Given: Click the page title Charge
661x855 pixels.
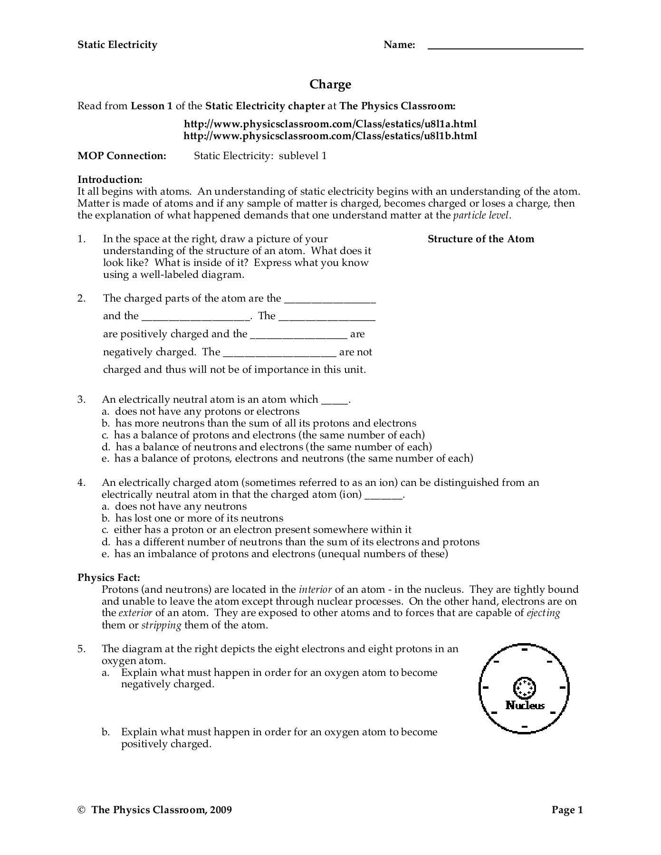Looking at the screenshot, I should (330, 85).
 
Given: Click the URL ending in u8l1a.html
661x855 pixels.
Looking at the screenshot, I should (330, 124).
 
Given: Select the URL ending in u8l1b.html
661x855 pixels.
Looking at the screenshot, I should (330, 136).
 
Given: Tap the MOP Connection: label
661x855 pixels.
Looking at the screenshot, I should (122, 156).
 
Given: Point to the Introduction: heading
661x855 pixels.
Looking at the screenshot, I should (110, 180).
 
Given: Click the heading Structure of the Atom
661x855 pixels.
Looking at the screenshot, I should (480, 239).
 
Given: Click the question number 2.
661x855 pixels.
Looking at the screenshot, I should (82, 298).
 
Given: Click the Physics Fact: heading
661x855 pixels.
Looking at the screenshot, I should (109, 578).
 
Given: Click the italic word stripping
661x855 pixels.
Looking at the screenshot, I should (161, 625).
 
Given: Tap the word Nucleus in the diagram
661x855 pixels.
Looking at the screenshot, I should (525, 705).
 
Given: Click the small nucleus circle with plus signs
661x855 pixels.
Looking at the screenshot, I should (525, 687).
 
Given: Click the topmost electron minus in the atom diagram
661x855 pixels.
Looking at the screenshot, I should (525, 649).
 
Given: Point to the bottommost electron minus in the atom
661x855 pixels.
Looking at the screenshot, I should (525, 726).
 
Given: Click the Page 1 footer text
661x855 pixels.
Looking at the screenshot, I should (567, 810).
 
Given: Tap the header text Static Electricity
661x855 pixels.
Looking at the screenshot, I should (117, 45).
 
